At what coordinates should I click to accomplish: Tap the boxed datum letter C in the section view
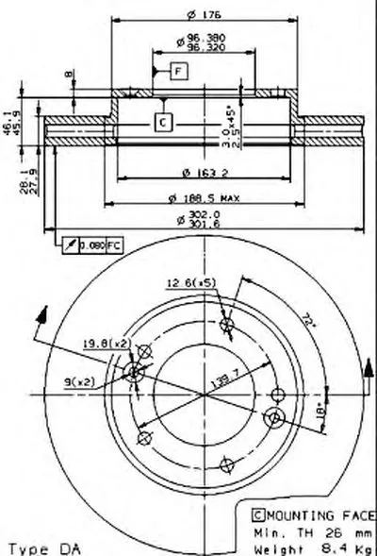pos(162,121)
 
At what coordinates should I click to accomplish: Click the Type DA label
pos(44,547)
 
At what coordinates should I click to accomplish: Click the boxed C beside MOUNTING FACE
pos(256,514)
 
